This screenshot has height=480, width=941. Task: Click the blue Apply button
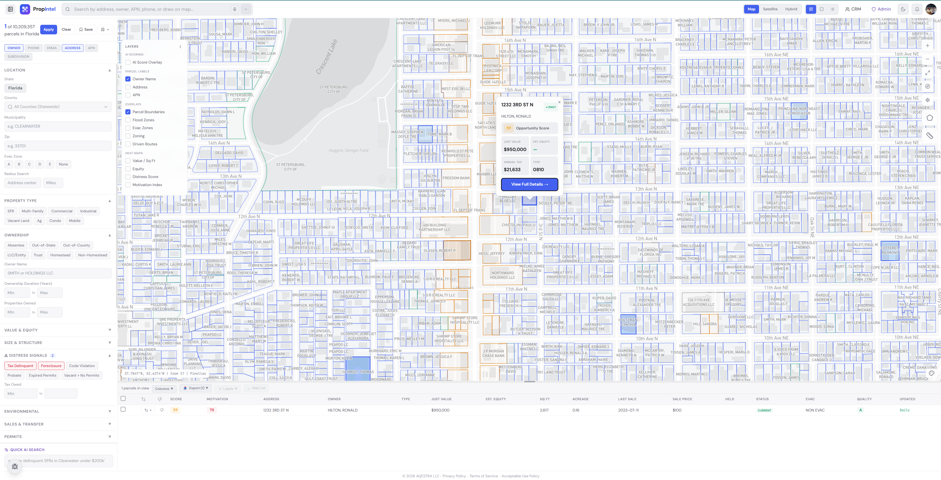49,30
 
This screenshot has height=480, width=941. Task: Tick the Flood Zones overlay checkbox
128,120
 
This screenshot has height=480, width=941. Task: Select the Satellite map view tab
770,9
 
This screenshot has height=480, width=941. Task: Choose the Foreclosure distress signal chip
51,366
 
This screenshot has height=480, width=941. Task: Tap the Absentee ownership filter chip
16,245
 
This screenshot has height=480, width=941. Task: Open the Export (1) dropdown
196,388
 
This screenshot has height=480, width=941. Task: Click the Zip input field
58,146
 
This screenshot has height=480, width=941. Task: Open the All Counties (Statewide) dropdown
58,107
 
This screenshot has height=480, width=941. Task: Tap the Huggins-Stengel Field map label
348,150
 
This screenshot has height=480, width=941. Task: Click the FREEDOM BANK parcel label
456,178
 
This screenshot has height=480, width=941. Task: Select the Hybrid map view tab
791,9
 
